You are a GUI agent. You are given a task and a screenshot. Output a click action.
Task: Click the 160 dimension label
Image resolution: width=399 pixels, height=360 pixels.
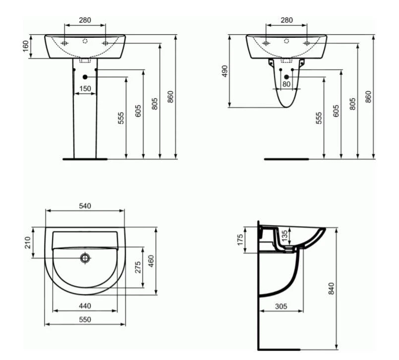click(26, 46)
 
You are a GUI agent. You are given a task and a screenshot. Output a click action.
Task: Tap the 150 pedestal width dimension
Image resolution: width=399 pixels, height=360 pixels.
click(85, 89)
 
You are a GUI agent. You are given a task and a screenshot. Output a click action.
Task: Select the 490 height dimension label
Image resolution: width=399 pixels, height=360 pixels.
click(225, 71)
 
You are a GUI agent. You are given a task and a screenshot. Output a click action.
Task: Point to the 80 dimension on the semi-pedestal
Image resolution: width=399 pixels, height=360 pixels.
click(286, 84)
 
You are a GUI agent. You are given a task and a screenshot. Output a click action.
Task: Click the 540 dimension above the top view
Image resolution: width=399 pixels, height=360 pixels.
click(85, 206)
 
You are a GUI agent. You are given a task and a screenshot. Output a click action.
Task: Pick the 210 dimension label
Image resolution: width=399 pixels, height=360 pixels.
click(27, 242)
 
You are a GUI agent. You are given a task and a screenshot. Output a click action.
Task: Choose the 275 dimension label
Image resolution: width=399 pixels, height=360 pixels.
click(138, 267)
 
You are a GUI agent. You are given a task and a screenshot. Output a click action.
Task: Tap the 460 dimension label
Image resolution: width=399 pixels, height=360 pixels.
click(151, 261)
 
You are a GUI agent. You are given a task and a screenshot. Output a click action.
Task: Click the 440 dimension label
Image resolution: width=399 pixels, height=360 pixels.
click(85, 306)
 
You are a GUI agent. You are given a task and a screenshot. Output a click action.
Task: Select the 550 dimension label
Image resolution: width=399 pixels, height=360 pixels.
click(85, 319)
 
